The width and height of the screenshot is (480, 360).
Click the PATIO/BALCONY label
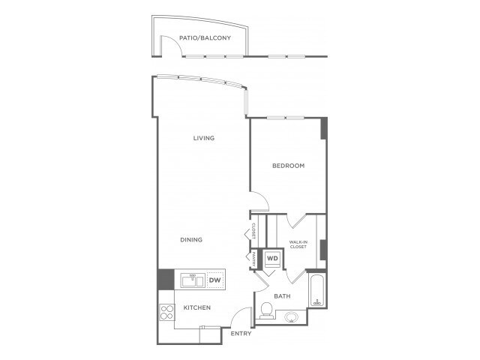[205, 38]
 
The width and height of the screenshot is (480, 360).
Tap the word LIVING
[203, 138]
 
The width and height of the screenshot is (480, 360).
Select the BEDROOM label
[288, 166]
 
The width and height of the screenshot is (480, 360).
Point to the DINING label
[191, 240]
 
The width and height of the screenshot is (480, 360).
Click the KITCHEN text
[196, 307]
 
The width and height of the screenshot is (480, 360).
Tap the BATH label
[282, 296]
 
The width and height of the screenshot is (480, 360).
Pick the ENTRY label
[241, 333]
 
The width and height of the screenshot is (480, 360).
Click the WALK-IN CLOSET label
[298, 244]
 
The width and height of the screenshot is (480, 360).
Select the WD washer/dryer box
[272, 259]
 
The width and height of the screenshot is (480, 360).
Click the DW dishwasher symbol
[215, 280]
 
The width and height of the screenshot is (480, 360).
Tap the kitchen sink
[193, 280]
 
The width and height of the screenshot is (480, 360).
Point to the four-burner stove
[166, 312]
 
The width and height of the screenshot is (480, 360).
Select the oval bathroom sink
[291, 317]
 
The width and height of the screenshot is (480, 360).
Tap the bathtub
[318, 291]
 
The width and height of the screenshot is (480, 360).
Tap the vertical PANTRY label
[254, 259]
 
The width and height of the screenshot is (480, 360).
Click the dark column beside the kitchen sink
[166, 279]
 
